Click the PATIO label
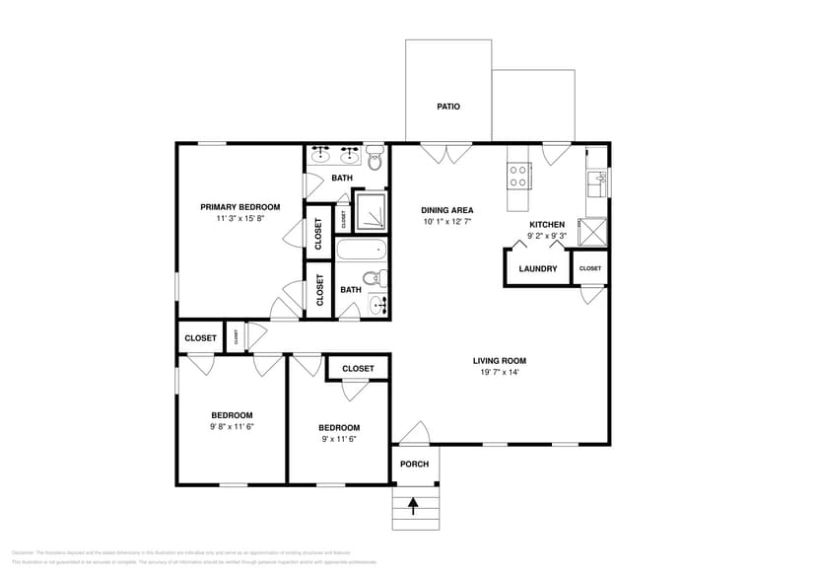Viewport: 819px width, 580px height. coord(448,107)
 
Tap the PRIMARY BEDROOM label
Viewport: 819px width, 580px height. coord(239,207)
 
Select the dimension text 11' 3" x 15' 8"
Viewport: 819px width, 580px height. coord(239,219)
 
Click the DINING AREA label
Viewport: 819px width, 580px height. coord(447,210)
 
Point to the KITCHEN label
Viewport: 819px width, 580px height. coord(546,225)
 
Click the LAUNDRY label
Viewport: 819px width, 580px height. coord(538,268)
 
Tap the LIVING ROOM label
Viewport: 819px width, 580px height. coord(500,361)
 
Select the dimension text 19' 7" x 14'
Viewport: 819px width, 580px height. coord(500,373)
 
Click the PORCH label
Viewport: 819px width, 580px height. coord(415,465)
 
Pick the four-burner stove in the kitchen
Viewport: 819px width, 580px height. coord(519,176)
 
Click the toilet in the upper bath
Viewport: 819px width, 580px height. coord(375,158)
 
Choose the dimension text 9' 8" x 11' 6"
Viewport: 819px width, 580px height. coord(232,427)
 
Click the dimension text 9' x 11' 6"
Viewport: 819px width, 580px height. coord(338,439)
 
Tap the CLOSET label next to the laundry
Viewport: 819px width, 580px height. coord(589,268)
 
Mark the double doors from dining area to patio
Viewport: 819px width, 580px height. coord(446,153)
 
